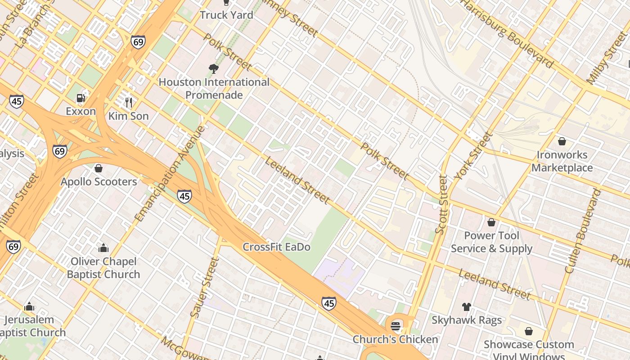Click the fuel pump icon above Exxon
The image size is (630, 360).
click(81, 98)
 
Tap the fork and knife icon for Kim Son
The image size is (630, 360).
click(129, 103)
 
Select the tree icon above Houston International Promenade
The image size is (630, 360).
click(214, 69)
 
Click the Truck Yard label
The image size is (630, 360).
click(226, 15)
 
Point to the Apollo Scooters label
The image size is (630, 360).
click(99, 182)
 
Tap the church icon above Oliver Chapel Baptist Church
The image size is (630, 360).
click(103, 248)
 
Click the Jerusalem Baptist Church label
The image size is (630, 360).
click(31, 326)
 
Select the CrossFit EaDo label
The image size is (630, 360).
click(276, 247)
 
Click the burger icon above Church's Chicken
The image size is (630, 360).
click(396, 326)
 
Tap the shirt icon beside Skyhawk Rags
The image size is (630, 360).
click(467, 307)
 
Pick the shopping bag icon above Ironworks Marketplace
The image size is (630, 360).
click(562, 141)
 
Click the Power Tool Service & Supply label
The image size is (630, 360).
click(491, 242)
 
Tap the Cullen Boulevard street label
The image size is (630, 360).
click(583, 231)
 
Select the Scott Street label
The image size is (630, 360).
click(441, 205)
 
